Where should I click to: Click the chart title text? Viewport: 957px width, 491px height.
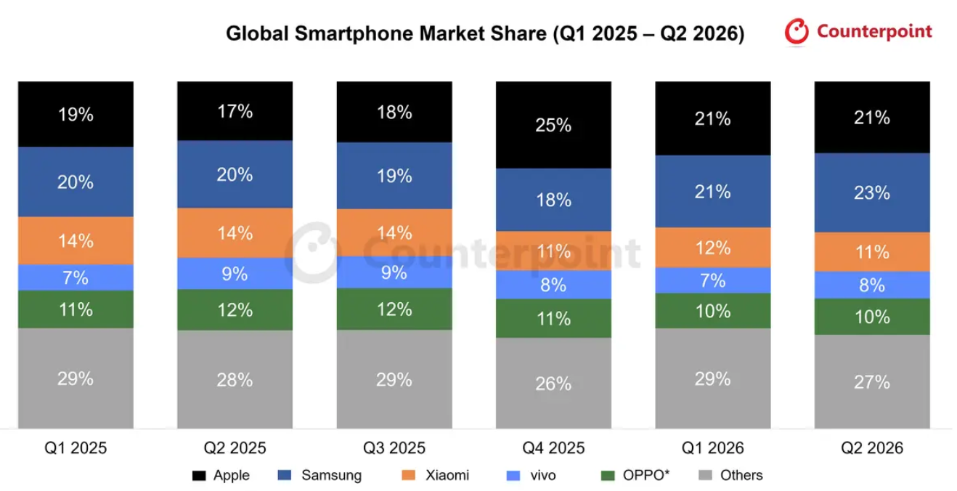[485, 33]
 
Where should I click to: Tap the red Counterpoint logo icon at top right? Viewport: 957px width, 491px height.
[797, 31]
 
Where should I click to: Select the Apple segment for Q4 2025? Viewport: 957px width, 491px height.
[553, 125]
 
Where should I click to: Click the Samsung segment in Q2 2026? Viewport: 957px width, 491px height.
[872, 192]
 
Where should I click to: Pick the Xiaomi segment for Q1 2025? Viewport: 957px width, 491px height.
[76, 240]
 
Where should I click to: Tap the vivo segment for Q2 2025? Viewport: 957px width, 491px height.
[235, 274]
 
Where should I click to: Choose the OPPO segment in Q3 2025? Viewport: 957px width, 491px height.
[394, 309]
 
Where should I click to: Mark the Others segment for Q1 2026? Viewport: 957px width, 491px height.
[713, 378]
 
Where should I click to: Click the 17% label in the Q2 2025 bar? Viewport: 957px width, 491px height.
[235, 112]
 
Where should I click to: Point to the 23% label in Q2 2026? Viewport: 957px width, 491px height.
[872, 192]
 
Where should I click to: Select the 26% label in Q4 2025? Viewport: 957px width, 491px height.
[553, 384]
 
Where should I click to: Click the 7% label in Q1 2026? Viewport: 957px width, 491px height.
[712, 281]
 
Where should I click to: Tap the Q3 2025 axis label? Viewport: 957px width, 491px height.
[394, 448]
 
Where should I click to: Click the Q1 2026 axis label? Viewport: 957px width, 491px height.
[712, 448]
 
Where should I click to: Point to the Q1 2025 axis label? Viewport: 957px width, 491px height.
[76, 448]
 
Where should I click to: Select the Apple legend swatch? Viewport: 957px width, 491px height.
[199, 475]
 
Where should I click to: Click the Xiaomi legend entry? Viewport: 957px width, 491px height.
[436, 475]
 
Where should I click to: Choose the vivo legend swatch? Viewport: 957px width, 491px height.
[513, 475]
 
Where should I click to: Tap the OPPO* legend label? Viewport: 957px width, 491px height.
[646, 475]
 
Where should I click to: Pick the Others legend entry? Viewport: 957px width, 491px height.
[730, 475]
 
